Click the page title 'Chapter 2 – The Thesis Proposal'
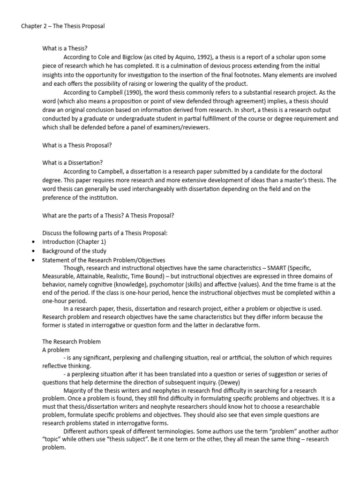(x=63, y=26)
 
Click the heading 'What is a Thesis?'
(x=65, y=48)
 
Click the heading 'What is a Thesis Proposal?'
(x=77, y=145)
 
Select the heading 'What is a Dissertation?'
(x=72, y=163)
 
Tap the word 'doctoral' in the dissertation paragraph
(x=310, y=172)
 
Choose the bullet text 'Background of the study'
(x=75, y=251)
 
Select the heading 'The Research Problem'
(x=71, y=342)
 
